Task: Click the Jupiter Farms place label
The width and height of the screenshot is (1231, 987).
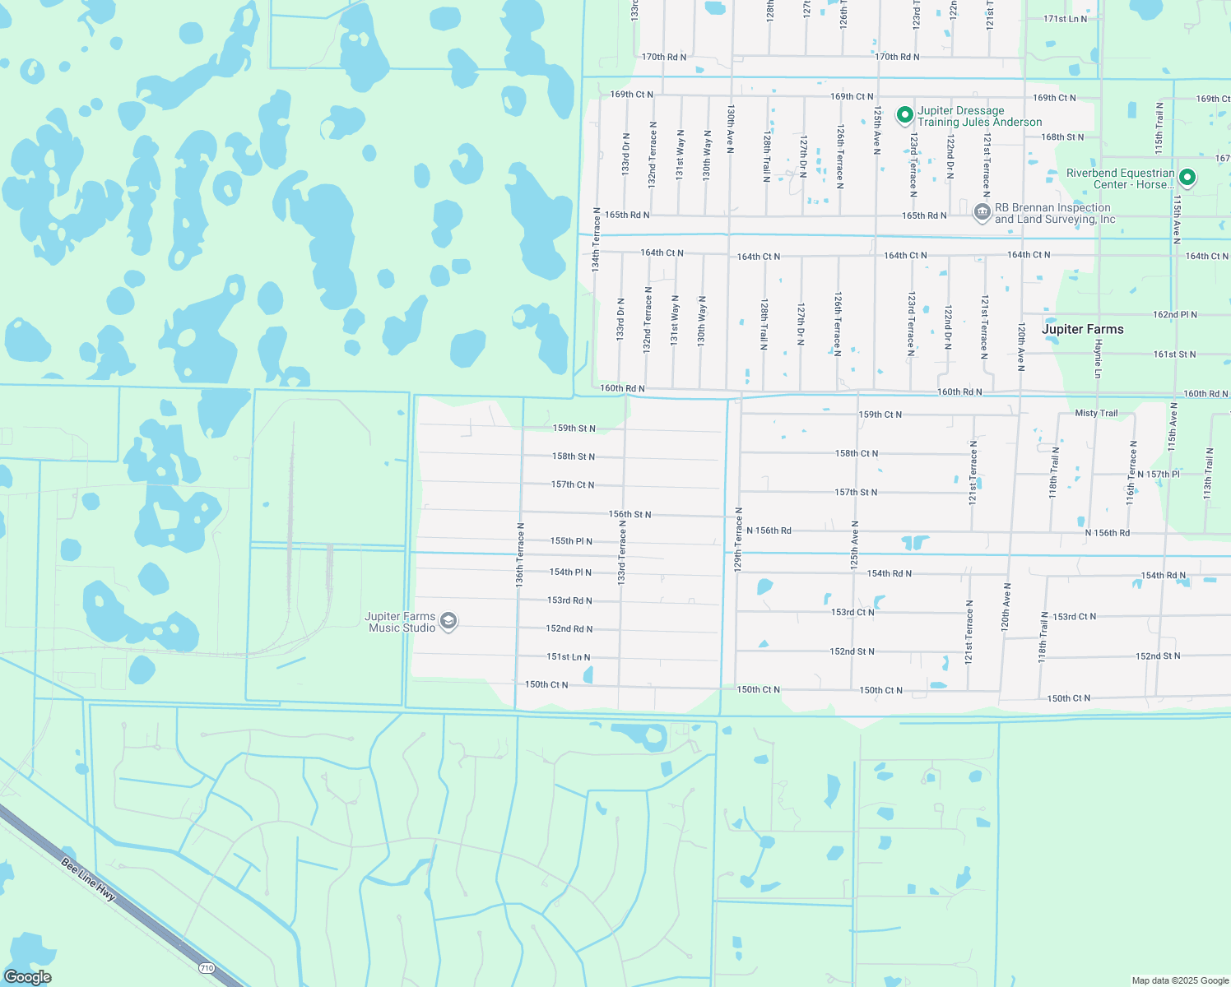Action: (x=1082, y=329)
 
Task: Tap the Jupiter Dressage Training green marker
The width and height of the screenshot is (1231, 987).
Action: (x=904, y=115)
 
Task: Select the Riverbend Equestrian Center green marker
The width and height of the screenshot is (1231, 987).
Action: (x=1187, y=178)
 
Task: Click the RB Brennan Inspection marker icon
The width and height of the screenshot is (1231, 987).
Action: (x=982, y=212)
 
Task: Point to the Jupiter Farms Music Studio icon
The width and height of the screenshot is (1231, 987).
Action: (x=448, y=621)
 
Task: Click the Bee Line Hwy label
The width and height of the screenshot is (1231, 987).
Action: (x=89, y=879)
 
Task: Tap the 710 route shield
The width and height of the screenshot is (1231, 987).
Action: (x=207, y=968)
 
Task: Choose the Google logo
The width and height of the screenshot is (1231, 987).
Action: (x=28, y=977)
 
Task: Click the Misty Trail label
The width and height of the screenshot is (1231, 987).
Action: (x=1096, y=413)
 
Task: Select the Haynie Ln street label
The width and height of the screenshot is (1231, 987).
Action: (x=1098, y=359)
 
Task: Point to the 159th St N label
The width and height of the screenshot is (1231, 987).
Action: (x=574, y=429)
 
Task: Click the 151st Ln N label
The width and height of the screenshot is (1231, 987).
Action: (x=569, y=657)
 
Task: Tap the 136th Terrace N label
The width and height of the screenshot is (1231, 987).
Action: (x=520, y=554)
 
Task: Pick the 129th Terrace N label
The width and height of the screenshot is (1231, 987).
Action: (x=738, y=539)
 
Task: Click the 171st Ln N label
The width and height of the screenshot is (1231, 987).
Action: (x=1065, y=19)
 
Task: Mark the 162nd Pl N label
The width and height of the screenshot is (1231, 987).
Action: (x=1174, y=315)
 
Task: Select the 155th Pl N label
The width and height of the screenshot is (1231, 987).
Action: (x=571, y=541)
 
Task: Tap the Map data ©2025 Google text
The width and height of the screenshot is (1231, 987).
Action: (x=1180, y=980)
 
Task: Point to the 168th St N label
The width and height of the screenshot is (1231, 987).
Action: (x=1062, y=137)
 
